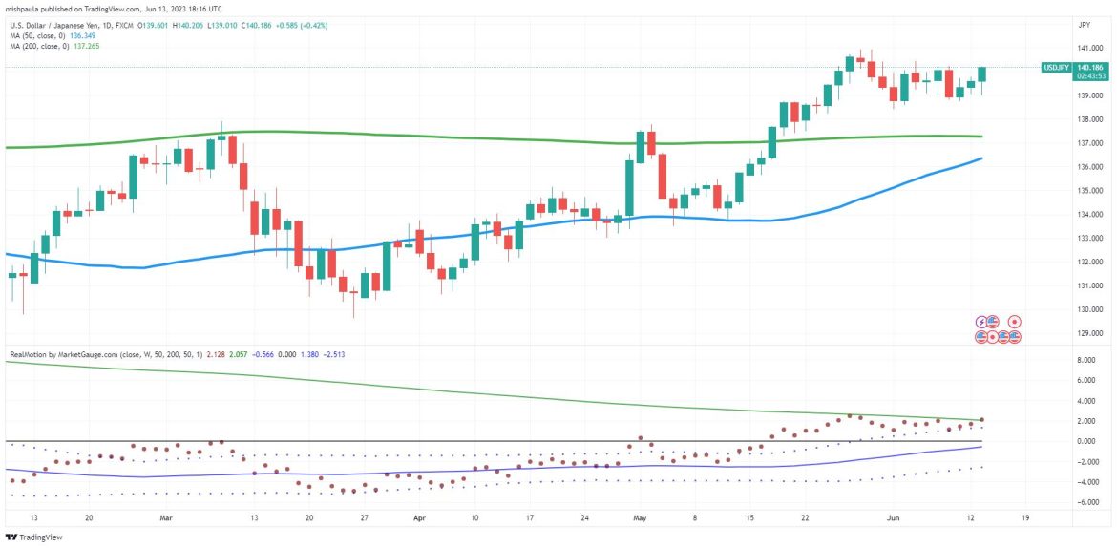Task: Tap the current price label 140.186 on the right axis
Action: pos(1088,68)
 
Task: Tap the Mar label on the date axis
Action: pos(167,518)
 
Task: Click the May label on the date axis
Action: pos(639,518)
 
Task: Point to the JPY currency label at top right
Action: pos(1085,24)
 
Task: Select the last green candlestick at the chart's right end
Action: pos(982,74)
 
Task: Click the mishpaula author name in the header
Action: pos(26,7)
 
